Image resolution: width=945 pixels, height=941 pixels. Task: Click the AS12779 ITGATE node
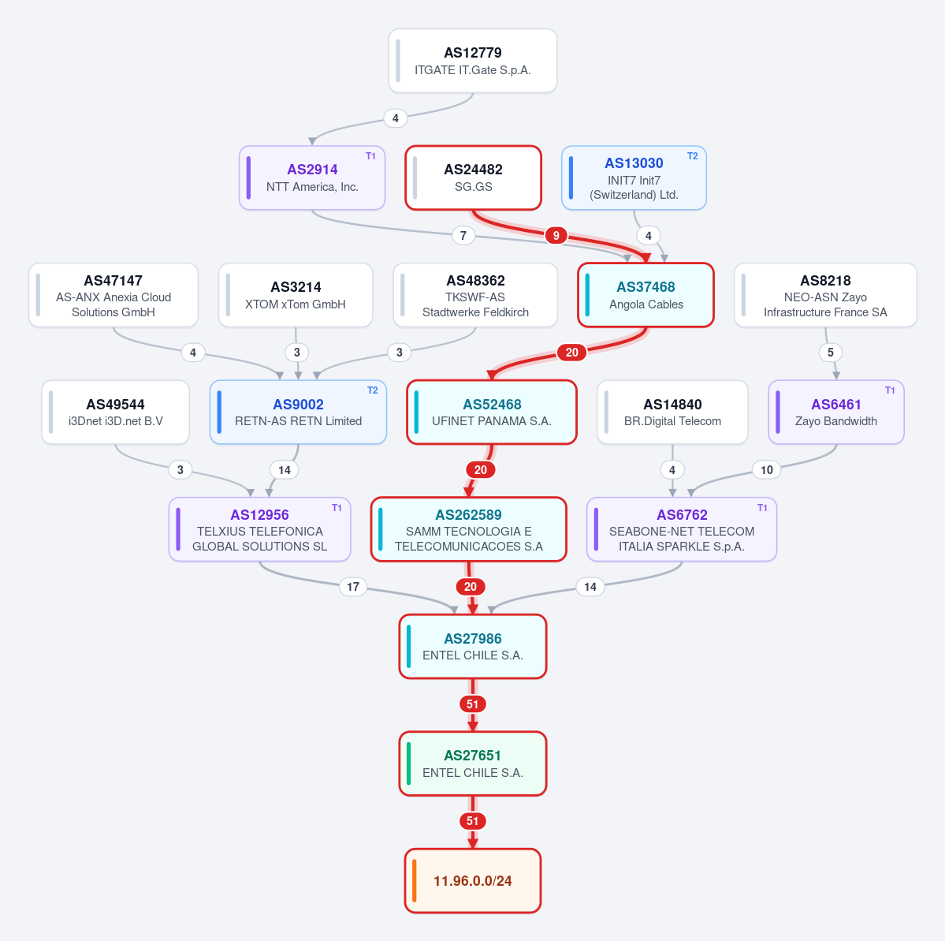click(473, 61)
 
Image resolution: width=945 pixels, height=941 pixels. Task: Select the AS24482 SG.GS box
click(473, 178)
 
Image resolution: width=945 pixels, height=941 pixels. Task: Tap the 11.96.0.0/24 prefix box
click(473, 881)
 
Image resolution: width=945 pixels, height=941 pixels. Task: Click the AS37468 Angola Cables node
click(646, 295)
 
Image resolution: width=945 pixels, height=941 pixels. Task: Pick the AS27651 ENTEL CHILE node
click(473, 764)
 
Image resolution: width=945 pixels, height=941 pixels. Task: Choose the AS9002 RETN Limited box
click(299, 412)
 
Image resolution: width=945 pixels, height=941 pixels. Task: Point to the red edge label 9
click(556, 235)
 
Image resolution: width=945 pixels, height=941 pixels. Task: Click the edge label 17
click(353, 586)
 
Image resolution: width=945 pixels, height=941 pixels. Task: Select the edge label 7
click(463, 235)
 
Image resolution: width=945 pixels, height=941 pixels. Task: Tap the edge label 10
click(767, 469)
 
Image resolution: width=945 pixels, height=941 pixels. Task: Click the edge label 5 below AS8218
click(831, 353)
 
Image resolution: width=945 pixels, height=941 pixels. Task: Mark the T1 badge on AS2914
click(370, 156)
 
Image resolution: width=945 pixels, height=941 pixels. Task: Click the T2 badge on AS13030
click(693, 156)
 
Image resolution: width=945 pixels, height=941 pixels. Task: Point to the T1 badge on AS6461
click(890, 390)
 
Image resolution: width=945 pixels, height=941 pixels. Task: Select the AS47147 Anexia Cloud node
click(113, 295)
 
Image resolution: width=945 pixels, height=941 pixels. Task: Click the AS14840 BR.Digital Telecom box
click(672, 412)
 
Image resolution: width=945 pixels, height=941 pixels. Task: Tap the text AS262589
click(468, 514)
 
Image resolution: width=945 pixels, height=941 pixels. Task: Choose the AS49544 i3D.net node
click(115, 412)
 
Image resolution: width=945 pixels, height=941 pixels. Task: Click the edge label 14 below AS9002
click(285, 469)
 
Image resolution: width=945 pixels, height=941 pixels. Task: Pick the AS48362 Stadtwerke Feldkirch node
click(475, 295)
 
